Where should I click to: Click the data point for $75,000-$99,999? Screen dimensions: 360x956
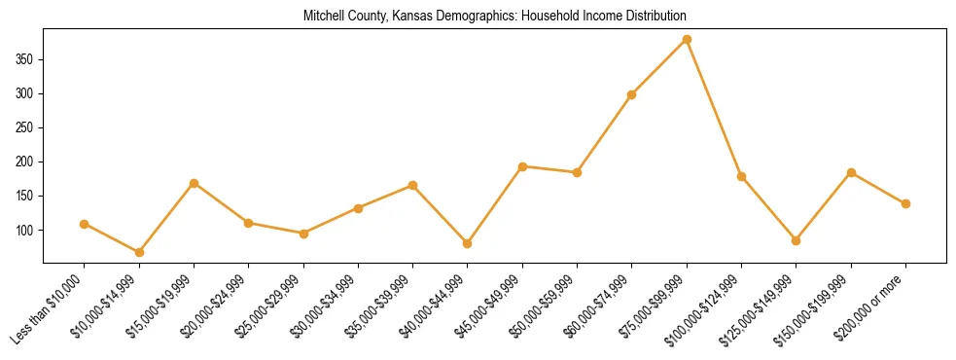(687, 39)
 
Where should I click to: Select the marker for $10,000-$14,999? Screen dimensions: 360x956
(139, 252)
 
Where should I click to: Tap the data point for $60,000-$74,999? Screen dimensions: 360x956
(632, 94)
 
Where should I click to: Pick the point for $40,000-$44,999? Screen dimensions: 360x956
(468, 243)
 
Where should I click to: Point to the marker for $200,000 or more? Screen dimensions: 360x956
(905, 203)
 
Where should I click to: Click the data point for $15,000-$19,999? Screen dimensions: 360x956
(195, 183)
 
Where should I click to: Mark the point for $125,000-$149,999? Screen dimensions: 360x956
(797, 240)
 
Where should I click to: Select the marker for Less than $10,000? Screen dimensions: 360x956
(85, 224)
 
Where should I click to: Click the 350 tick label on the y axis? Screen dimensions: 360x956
(26, 59)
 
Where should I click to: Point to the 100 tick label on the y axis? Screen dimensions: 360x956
(26, 231)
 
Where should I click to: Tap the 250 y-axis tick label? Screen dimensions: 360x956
(26, 127)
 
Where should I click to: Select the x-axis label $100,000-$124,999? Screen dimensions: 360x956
(710, 306)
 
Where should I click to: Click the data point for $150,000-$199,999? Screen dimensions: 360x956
(851, 173)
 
